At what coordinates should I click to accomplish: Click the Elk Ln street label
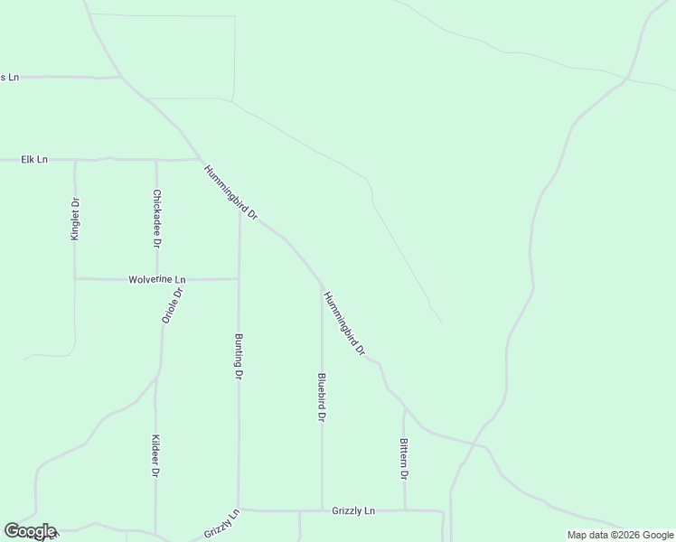click(x=34, y=160)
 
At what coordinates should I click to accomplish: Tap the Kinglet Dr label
click(x=76, y=219)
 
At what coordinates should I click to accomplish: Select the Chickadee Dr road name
click(x=157, y=219)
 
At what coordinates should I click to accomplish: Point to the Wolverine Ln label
click(x=157, y=280)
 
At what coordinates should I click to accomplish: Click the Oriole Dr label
click(x=173, y=305)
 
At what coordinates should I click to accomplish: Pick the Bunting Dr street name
click(x=239, y=356)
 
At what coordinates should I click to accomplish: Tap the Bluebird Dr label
click(x=322, y=397)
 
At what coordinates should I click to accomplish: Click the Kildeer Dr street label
click(x=155, y=456)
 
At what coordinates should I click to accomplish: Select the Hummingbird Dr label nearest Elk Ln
click(x=230, y=192)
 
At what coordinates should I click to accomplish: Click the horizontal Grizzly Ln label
click(x=353, y=511)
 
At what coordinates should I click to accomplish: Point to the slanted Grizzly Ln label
click(x=221, y=525)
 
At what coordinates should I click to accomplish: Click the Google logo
click(x=30, y=531)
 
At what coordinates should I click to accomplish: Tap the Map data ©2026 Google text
click(x=620, y=535)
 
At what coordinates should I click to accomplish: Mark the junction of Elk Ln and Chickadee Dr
click(x=156, y=160)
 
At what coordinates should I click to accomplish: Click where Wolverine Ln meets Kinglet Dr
click(x=75, y=278)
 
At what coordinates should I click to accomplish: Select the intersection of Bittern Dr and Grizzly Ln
click(x=404, y=510)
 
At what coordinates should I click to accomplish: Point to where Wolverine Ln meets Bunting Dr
click(x=239, y=278)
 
